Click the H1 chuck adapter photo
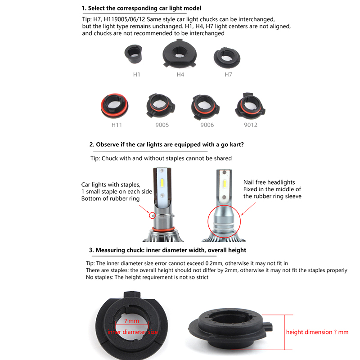pos(133,54)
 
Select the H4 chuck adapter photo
pos(180,54)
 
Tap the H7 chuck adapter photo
pos(227,58)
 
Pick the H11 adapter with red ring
pos(115,106)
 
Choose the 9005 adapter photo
pos(161,105)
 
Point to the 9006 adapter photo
pos(205,107)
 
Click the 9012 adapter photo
pos(250,106)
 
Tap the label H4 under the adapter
pos(180,75)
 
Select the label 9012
pos(251,125)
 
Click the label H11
pos(117,125)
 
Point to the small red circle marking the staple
pos(152,216)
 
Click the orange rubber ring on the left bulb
pos(163,229)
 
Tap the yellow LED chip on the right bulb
pos(224,184)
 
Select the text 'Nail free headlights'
pos(269,182)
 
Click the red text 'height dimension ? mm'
pos(317,332)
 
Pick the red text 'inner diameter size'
pos(133,332)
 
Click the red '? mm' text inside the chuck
pos(131,321)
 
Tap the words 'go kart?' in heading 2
pos(232,144)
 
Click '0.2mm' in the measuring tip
pos(212,263)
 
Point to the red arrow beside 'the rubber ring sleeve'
pos(248,209)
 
